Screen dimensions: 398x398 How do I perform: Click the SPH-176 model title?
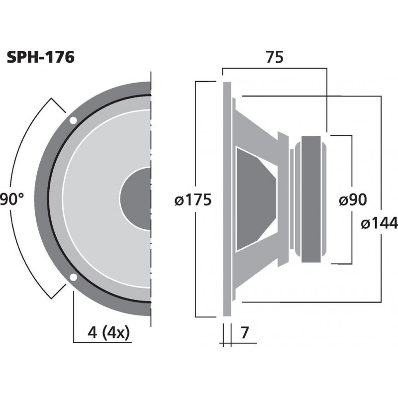coord(41,57)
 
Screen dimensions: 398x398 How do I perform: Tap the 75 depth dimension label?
coord(274,58)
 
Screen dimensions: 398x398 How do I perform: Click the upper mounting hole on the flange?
coord(73,120)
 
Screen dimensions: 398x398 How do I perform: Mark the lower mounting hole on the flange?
coord(73,278)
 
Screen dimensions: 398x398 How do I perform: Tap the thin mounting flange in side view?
coord(227,199)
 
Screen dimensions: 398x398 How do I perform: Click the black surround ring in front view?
coord(50,199)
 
